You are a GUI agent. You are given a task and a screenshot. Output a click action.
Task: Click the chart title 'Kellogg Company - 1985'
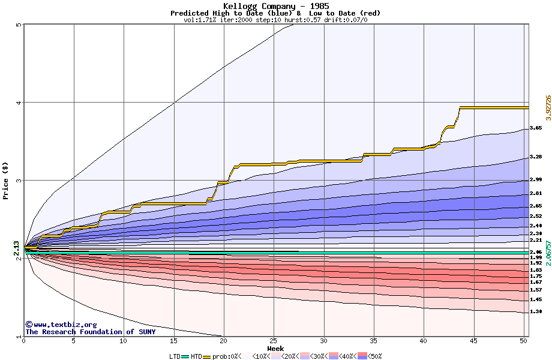pos(275,6)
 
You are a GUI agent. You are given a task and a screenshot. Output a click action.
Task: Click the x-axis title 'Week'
pos(275,348)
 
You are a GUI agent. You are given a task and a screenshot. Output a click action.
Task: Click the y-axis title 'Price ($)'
pos(6,181)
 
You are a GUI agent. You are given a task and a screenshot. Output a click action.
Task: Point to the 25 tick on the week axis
pos(274,341)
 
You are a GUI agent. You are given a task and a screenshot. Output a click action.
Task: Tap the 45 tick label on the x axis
pos(474,341)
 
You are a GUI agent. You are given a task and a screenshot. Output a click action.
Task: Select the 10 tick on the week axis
pos(123,341)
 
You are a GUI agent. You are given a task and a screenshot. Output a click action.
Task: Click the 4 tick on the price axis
pos(19,103)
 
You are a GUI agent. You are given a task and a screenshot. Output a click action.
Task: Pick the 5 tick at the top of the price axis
pos(19,25)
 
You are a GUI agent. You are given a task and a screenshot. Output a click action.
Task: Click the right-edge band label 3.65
pos(536,128)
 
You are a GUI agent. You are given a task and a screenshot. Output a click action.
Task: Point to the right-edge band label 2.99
pos(536,180)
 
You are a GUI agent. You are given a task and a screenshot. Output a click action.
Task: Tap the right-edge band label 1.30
pos(536,312)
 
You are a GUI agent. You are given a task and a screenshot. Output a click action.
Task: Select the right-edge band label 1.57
pos(536,290)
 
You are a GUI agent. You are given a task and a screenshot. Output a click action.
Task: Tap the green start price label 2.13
pos(16,248)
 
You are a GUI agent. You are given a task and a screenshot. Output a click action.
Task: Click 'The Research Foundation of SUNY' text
pos(90,332)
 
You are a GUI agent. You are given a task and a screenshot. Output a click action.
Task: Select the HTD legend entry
pos(196,356)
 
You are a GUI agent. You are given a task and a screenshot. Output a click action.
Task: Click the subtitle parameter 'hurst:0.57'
pos(301,20)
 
